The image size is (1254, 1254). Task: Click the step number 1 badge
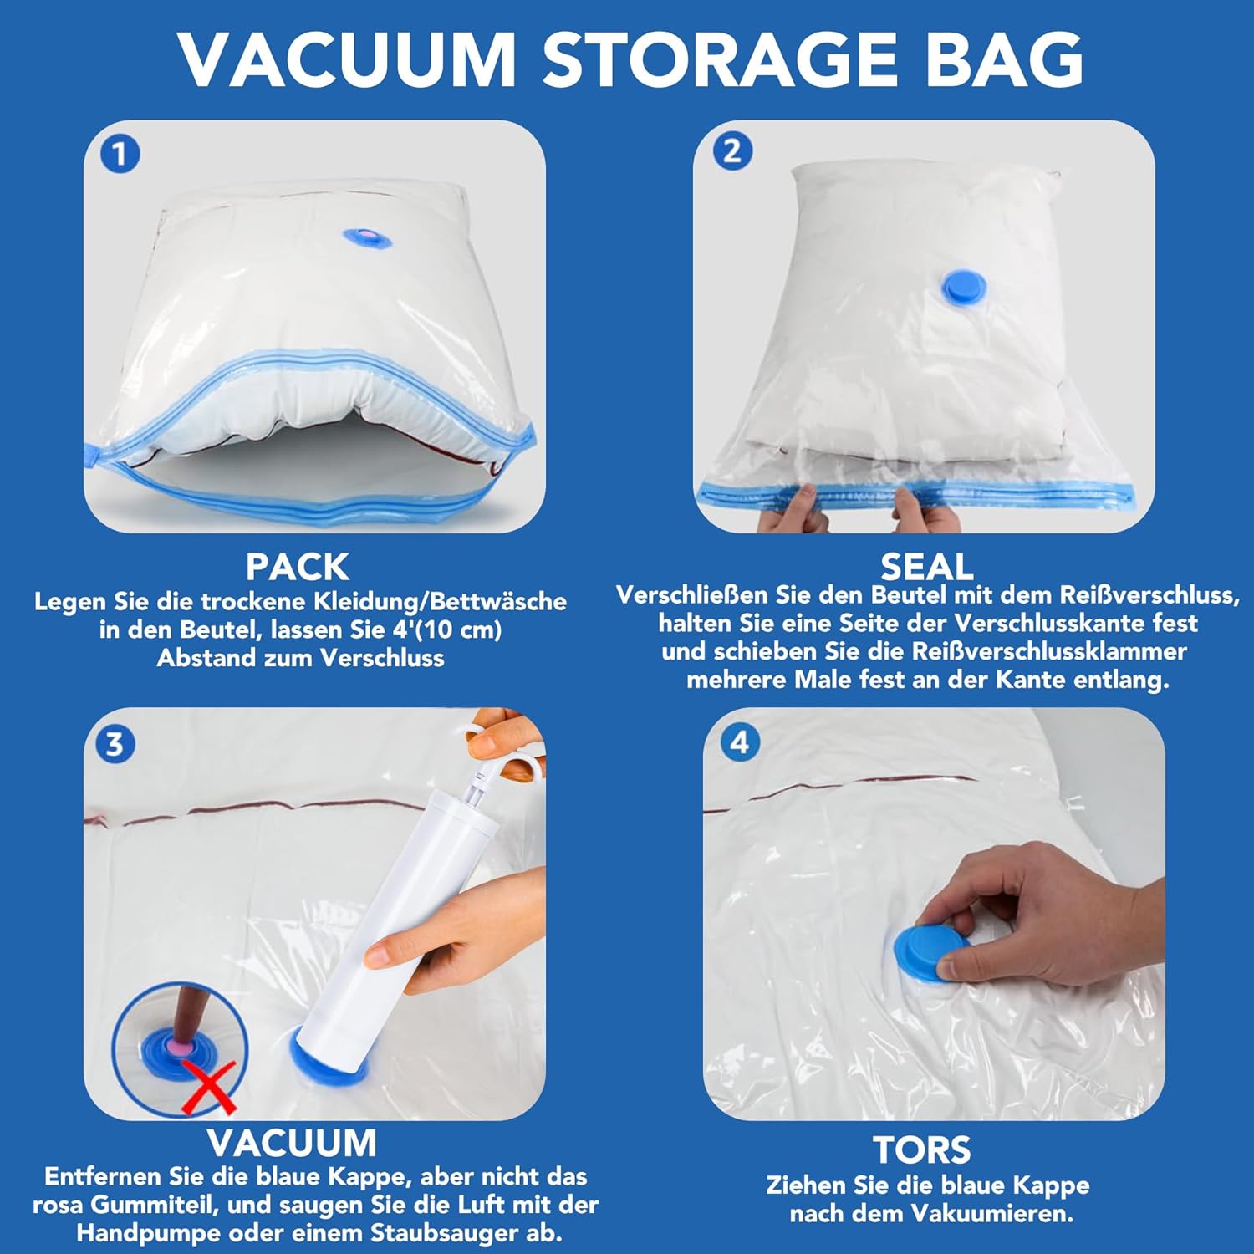pos(120,155)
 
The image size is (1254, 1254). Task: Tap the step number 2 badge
pos(732,151)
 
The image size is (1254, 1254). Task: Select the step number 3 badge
pos(115,743)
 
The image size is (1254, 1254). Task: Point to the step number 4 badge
pos(740,742)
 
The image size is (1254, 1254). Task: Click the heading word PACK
pos(297,568)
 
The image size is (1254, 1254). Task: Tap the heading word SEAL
pos(927,567)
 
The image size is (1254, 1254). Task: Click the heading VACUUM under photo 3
pos(292,1143)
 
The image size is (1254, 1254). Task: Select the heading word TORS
pos(922,1150)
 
